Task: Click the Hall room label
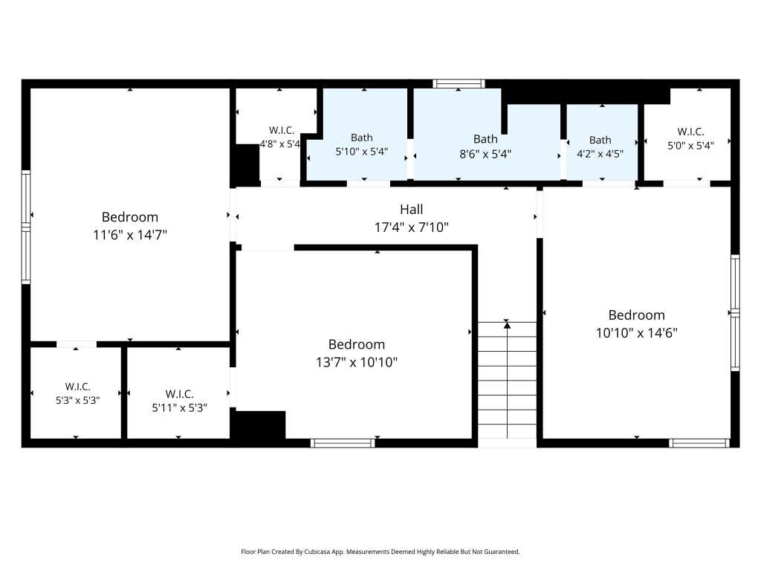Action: tap(411, 209)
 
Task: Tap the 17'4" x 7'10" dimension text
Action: tap(411, 228)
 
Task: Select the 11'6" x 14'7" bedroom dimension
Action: tap(130, 235)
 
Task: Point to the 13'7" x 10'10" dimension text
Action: tap(357, 362)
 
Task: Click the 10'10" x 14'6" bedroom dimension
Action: tap(637, 333)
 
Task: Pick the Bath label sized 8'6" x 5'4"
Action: tap(485, 139)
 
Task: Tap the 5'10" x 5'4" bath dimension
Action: tap(362, 152)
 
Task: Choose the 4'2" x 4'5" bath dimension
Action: tap(600, 154)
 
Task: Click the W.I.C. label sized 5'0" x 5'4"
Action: tap(690, 132)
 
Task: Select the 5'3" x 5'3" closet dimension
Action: tap(77, 401)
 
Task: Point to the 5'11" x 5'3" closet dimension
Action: tap(180, 408)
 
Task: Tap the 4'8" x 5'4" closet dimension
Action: tap(280, 144)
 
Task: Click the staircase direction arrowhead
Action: tap(507, 325)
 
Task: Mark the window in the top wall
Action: tap(459, 83)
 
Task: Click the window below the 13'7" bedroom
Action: tap(343, 443)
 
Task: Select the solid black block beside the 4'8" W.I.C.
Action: tap(247, 165)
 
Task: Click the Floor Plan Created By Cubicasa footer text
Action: tap(380, 552)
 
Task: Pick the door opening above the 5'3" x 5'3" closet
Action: tap(77, 344)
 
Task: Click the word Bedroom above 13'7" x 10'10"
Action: tap(357, 344)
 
